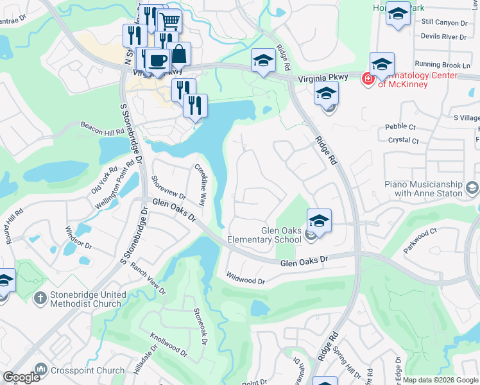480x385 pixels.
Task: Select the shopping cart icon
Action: click(x=169, y=21)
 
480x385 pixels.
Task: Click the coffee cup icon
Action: click(x=157, y=61)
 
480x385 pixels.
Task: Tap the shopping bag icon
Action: click(x=179, y=55)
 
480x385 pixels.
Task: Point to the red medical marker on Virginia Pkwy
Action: click(x=368, y=79)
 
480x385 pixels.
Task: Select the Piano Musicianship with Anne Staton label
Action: click(x=424, y=189)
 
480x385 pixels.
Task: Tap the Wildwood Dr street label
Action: click(x=245, y=280)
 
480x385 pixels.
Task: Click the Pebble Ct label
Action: click(x=402, y=128)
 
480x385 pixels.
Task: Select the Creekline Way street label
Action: click(x=200, y=185)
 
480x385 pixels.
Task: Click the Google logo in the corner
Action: click(x=21, y=377)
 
